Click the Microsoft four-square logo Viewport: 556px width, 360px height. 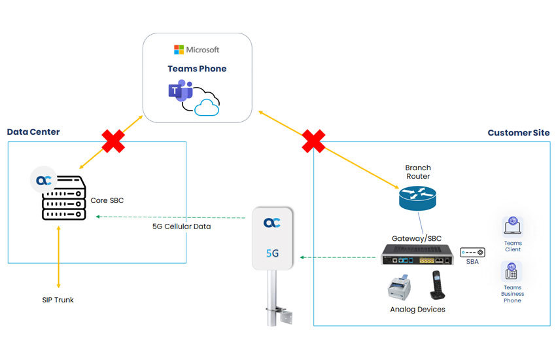179,50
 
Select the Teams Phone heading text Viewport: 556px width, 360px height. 197,68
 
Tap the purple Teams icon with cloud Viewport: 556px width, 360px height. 194,97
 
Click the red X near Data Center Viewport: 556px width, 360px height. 113,140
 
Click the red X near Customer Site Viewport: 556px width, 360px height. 313,140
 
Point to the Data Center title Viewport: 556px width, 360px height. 33,132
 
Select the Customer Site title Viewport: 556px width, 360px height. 518,133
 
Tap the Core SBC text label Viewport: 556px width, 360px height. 107,200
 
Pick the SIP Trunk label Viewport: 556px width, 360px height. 58,300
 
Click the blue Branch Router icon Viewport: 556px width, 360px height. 417,195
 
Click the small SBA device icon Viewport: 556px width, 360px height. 472,253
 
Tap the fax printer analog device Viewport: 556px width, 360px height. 401,285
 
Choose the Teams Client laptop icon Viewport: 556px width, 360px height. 513,226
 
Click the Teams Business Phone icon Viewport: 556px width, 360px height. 513,272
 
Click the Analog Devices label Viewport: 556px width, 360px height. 417,309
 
